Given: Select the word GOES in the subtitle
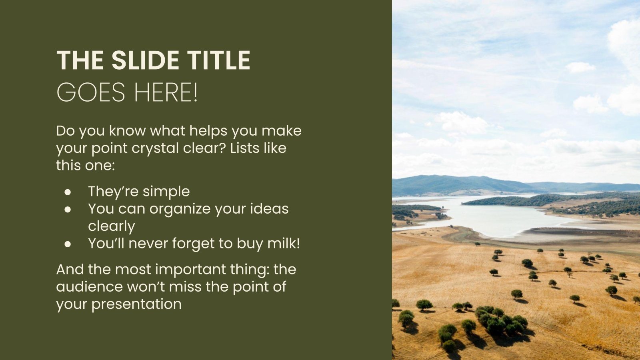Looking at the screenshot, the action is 91,92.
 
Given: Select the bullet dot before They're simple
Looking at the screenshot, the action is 68,192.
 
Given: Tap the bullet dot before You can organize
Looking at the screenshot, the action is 68,210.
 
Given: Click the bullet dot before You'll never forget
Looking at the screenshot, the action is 68,244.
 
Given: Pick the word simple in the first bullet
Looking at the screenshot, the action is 166,192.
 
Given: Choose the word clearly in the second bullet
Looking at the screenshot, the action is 112,226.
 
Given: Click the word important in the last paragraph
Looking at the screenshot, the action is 190,270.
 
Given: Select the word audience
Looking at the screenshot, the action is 90,286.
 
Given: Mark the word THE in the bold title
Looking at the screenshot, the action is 80,60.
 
